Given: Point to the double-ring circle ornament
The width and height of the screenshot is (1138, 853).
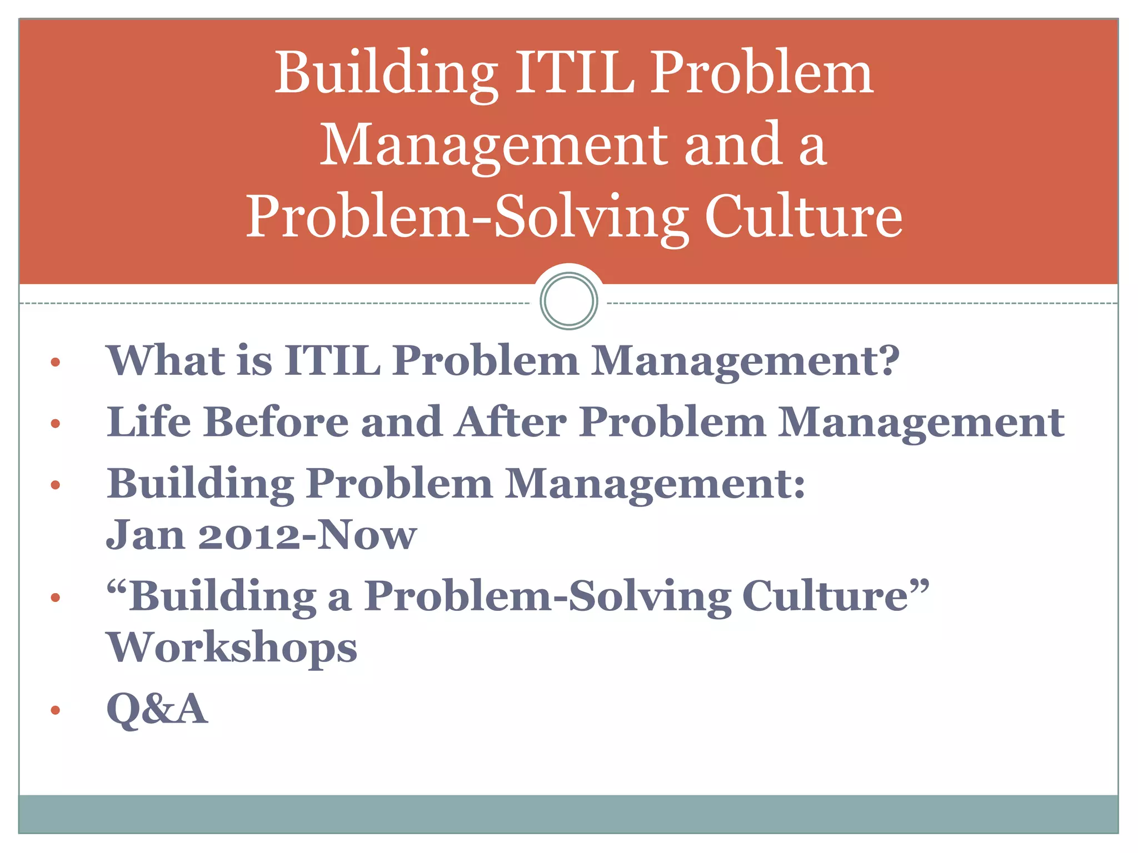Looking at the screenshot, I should (568, 301).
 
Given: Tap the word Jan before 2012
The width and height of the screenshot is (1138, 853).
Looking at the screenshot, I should (145, 535).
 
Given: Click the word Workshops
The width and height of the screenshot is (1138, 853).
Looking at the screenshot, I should (231, 648).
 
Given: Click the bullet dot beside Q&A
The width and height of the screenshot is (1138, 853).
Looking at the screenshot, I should (55, 710).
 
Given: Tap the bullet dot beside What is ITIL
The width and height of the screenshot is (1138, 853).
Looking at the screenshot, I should (55, 363).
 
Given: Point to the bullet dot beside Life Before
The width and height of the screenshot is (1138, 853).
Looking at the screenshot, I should (55, 424).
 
